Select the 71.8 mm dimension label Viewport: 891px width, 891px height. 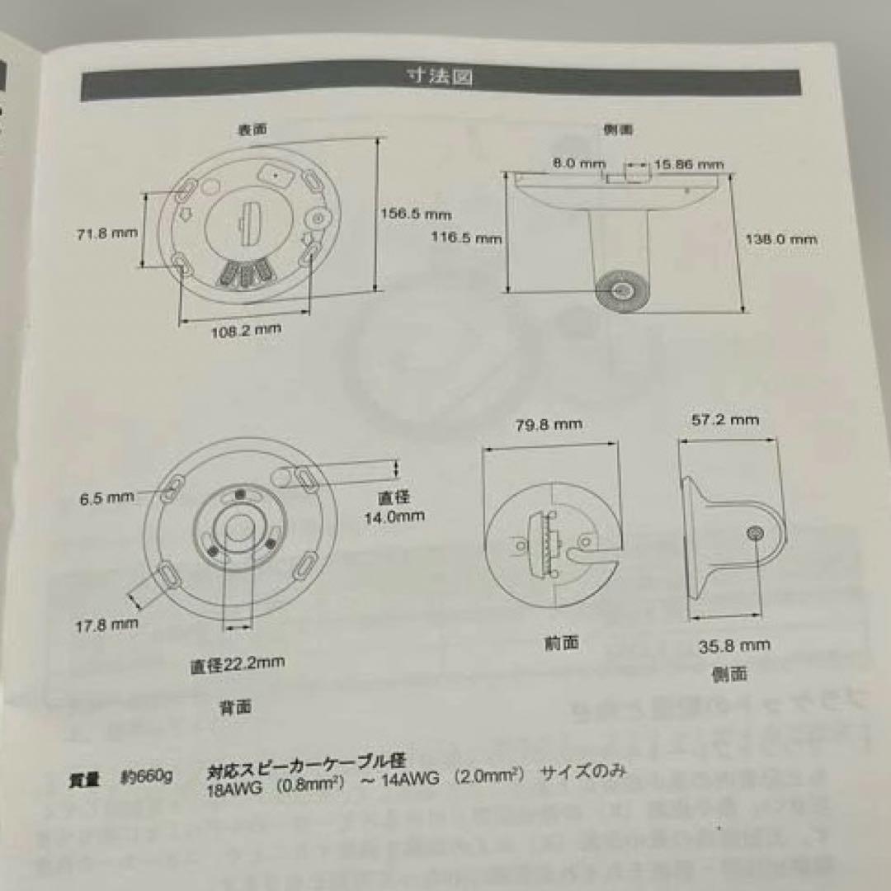point(102,233)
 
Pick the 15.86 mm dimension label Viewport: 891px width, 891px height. point(688,164)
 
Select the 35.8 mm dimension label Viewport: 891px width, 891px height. point(734,646)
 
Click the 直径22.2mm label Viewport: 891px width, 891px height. point(238,665)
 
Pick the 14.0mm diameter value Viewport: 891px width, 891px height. point(394,517)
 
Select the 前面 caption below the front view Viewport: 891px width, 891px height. point(561,643)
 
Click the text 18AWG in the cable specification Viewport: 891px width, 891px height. point(234,788)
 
